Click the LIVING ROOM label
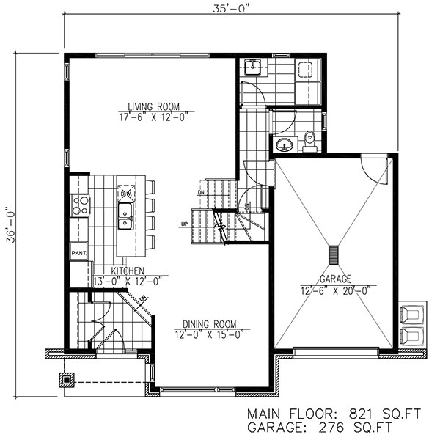[x=153, y=106]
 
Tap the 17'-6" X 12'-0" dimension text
[x=153, y=117]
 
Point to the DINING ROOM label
[x=210, y=323]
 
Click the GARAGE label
[x=335, y=279]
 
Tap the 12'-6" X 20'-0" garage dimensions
[x=335, y=290]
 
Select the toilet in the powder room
[x=309, y=138]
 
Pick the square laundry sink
[x=252, y=67]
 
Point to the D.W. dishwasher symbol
[x=125, y=193]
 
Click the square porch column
[x=67, y=381]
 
